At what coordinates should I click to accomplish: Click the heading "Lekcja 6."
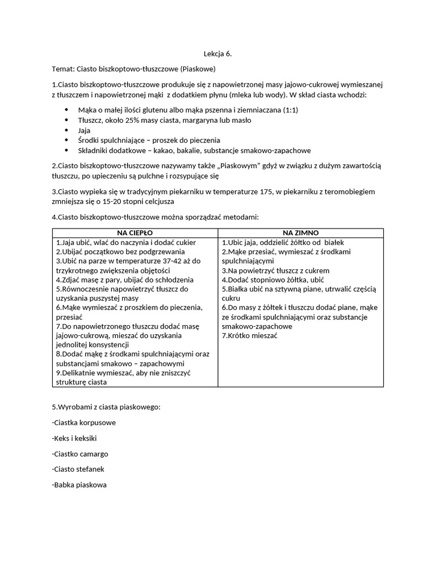pos(217,54)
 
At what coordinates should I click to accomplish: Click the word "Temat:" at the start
pos(64,69)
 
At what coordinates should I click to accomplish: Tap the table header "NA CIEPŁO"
pos(135,233)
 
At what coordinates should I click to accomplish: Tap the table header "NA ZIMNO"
pos(301,233)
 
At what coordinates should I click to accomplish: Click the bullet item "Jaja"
pos(84,130)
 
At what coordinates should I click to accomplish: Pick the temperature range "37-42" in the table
pos(155,261)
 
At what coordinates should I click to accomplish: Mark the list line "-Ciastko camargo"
pos(79,454)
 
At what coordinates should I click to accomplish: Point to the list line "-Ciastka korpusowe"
pos(83,423)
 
